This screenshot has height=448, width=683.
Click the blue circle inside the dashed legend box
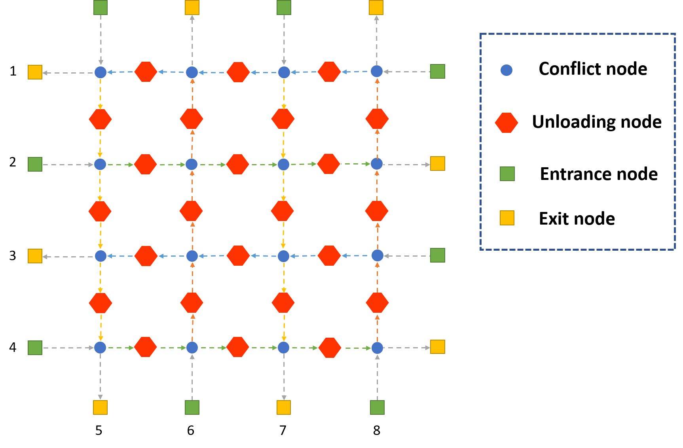coord(506,70)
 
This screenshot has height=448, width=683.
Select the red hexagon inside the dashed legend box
coord(506,123)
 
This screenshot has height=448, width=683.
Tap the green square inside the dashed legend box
coord(507,174)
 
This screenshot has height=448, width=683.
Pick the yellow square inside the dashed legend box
coord(507,218)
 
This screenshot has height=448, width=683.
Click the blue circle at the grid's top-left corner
coord(100,72)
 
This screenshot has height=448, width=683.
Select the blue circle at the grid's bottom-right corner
coord(377,348)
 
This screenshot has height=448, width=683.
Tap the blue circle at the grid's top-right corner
coord(376,71)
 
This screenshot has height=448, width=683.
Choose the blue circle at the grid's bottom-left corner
coord(100,348)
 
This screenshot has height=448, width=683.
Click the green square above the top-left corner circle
coord(100,8)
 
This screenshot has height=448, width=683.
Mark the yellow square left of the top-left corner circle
coord(35,72)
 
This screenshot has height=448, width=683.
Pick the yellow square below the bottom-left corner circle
coord(100,407)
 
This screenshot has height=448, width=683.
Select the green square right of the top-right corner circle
coord(437,72)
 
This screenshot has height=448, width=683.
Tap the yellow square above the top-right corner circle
coord(376,8)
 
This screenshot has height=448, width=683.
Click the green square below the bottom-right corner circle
coord(377,407)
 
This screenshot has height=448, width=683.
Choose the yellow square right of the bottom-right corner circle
coord(437,347)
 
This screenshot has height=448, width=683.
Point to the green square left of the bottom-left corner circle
coord(35,348)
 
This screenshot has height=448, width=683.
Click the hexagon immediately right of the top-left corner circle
coord(146,72)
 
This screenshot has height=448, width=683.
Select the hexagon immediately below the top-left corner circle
coord(100,119)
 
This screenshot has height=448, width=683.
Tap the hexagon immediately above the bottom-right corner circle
coord(377,302)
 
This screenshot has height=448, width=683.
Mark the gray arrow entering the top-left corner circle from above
coord(101,40)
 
